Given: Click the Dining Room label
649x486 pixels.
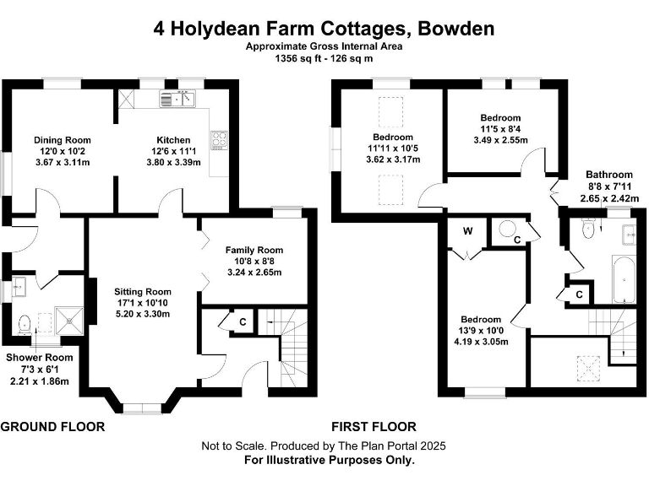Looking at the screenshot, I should click(62, 140).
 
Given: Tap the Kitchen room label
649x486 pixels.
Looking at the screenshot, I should click(173, 140).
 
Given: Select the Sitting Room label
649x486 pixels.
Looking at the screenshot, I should click(143, 292).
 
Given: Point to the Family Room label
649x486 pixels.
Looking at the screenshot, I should click(254, 250).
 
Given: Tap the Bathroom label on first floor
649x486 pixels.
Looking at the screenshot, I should click(609, 175).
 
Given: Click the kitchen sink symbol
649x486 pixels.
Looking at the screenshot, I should click(178, 100).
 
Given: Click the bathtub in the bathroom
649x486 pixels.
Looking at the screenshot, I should click(622, 280).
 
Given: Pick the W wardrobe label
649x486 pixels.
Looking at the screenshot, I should click(466, 230).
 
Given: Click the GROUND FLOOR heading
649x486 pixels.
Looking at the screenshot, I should click(52, 427).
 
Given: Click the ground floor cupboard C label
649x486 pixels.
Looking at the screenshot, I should click(243, 321).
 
